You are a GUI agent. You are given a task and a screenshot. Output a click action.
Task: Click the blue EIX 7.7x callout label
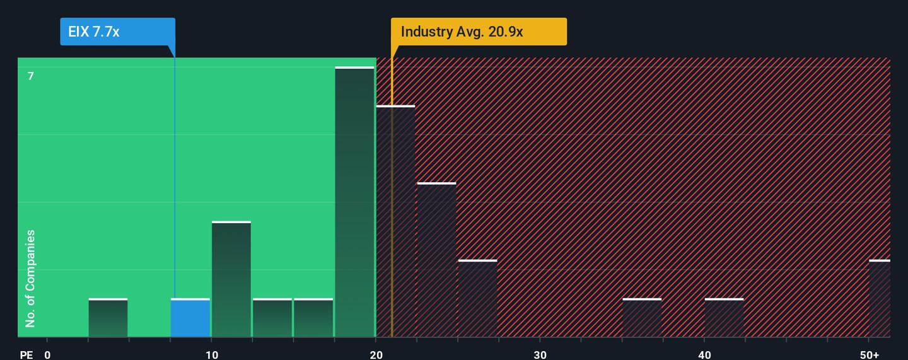(x=117, y=32)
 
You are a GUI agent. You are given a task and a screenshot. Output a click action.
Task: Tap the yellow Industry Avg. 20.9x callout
(x=479, y=32)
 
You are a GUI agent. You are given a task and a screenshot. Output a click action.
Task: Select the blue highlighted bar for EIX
(x=190, y=318)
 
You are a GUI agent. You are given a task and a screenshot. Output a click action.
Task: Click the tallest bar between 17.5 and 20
(x=354, y=202)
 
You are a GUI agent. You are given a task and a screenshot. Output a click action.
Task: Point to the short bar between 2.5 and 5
(x=108, y=318)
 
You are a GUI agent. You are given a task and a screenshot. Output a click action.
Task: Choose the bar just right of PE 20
(x=395, y=221)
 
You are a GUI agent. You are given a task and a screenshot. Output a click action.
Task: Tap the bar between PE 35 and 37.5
(x=642, y=318)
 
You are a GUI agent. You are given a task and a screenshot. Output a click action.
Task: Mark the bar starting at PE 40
(x=724, y=318)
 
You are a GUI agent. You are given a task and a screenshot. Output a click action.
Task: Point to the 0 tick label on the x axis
(x=47, y=355)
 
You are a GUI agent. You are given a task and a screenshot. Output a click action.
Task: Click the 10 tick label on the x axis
(x=212, y=355)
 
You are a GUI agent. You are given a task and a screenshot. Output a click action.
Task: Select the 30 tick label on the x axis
(x=540, y=355)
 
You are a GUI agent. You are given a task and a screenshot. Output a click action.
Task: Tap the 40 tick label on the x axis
(x=704, y=355)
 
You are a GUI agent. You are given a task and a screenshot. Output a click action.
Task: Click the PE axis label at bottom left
(x=26, y=355)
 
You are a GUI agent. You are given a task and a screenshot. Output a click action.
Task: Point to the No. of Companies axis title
(x=30, y=279)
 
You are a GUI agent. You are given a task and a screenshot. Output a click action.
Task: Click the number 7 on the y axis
(x=30, y=76)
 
